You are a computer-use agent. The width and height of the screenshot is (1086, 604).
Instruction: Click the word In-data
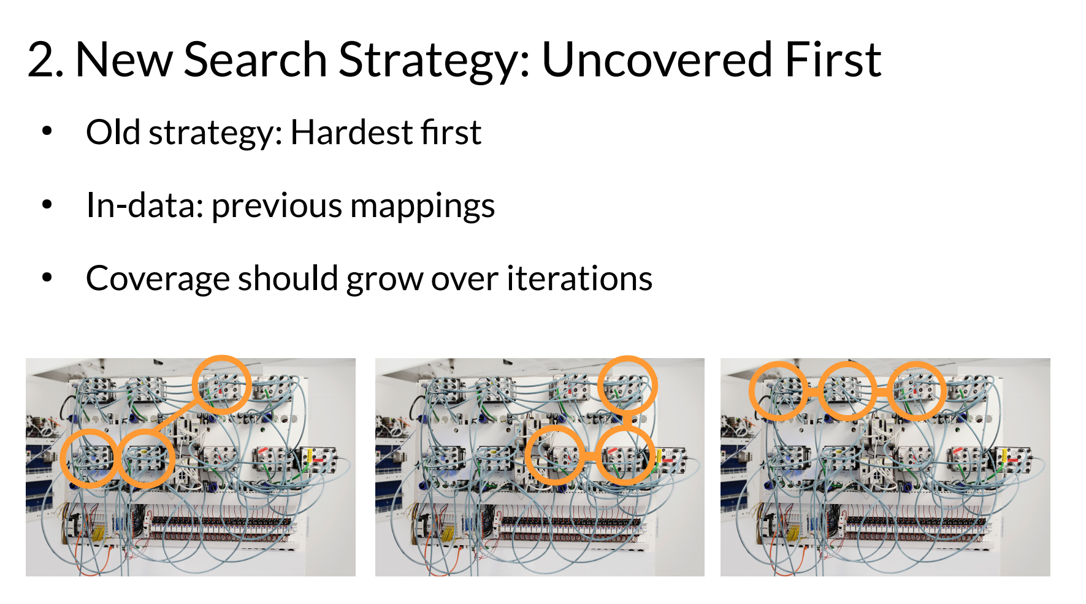[145, 205]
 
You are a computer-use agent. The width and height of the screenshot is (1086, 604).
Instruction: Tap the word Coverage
[158, 279]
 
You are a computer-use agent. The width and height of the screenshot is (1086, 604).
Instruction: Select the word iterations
[579, 278]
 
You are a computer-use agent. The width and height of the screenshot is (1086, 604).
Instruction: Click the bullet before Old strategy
[47, 131]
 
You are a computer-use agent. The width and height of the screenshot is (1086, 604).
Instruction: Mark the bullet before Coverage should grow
[47, 278]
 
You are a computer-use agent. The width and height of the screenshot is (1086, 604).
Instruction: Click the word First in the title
[833, 60]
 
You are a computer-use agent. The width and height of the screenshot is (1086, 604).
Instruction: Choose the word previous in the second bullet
[277, 207]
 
